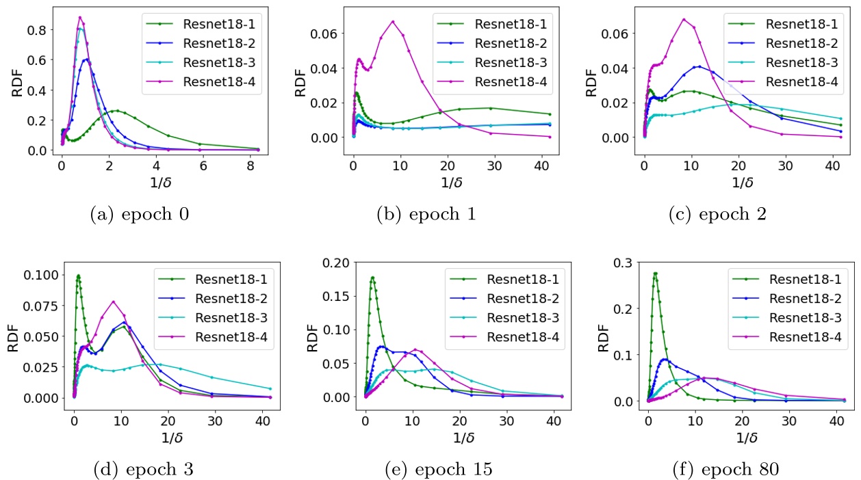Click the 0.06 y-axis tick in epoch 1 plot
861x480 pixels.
tap(331, 33)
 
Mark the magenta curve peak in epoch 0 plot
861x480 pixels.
tap(80, 17)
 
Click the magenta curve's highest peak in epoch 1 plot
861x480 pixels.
tap(393, 21)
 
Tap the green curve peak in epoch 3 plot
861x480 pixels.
tap(79, 276)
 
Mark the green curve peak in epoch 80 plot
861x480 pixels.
tap(655, 274)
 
